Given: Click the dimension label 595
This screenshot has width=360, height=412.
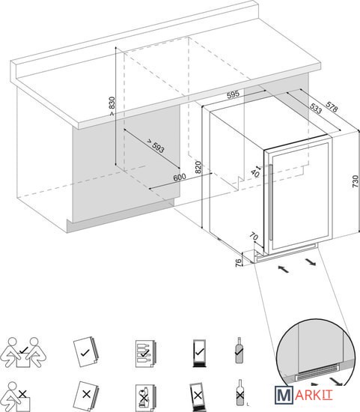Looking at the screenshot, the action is (x=234, y=94).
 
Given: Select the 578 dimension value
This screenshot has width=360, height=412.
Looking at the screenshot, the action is (x=332, y=107).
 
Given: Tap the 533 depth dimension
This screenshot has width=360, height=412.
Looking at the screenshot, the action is (x=316, y=109).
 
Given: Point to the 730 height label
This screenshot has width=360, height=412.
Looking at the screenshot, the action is (x=355, y=181).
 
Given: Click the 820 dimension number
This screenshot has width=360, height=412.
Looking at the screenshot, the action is (x=198, y=167).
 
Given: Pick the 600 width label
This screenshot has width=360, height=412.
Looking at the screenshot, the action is (x=180, y=178).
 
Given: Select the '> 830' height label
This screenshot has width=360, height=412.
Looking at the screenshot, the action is (x=112, y=106).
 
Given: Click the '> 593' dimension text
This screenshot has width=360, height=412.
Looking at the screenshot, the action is (x=156, y=146).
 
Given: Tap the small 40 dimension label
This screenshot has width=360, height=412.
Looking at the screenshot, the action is (x=255, y=173).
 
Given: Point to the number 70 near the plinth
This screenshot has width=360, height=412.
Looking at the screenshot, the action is (x=254, y=237).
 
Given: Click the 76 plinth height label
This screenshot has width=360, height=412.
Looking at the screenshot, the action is (x=238, y=262).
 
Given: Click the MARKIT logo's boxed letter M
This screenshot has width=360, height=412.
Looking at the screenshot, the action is (x=284, y=395).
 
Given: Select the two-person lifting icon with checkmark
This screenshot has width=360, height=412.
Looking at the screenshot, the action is (x=23, y=352).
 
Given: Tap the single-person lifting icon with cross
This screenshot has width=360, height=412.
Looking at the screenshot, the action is (x=16, y=397).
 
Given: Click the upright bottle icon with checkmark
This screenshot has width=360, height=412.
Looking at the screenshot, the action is (x=239, y=351).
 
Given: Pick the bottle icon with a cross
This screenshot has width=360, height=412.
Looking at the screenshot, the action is (x=240, y=393).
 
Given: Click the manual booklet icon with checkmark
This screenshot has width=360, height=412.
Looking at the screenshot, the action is (x=85, y=352).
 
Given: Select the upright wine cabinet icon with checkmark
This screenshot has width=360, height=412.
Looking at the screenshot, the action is (x=200, y=353).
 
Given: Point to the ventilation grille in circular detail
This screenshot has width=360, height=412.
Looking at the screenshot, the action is (x=317, y=372).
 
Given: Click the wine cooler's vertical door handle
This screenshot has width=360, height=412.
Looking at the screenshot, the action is (x=270, y=202).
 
